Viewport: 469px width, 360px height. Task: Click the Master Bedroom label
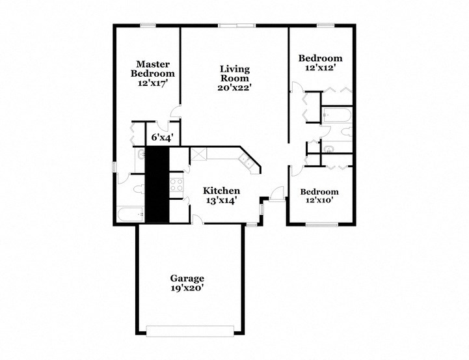pyautogui.click(x=153, y=69)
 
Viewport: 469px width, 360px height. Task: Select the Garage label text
pyautogui.click(x=187, y=278)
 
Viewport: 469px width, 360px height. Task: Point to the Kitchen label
pyautogui.click(x=222, y=191)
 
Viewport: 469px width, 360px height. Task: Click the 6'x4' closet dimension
pyautogui.click(x=162, y=137)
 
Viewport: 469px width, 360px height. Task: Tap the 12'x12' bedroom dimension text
pyautogui.click(x=319, y=67)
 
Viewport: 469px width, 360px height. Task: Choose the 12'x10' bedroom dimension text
pyautogui.click(x=319, y=201)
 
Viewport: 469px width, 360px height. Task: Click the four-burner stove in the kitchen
pyautogui.click(x=176, y=184)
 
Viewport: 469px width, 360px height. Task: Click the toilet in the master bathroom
pyautogui.click(x=137, y=189)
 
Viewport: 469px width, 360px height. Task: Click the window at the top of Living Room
pyautogui.click(x=236, y=25)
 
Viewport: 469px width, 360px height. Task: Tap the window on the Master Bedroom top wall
pyautogui.click(x=148, y=25)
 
